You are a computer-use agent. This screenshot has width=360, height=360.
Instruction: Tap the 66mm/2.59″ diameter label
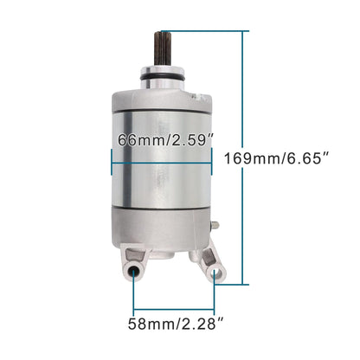point(165,140)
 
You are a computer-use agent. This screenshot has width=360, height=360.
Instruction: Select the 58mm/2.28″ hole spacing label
point(176,324)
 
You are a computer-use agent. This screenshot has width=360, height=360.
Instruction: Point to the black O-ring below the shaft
point(162,78)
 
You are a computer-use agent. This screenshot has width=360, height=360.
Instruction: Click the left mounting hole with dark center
point(133,271)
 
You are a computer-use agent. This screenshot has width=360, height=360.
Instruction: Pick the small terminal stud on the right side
point(215,225)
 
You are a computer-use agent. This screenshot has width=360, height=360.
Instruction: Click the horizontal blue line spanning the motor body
point(161,164)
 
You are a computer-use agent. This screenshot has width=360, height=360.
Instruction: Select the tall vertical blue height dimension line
point(242,157)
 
